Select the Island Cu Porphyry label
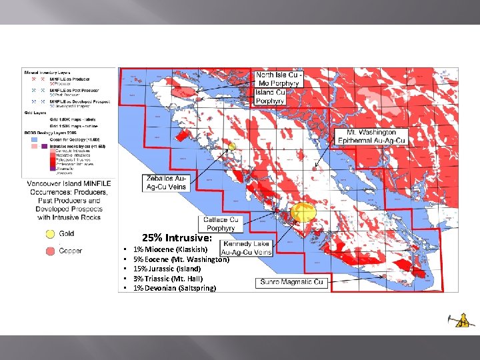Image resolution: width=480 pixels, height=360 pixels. [270, 97]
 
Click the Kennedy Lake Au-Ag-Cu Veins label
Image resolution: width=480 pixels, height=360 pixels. [246, 248]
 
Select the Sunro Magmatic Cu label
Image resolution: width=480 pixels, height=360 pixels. [292, 282]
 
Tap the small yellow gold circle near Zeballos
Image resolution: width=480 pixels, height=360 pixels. [232, 145]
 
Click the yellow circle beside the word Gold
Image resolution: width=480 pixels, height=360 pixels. [50, 234]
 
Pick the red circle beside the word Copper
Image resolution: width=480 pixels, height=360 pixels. [50, 250]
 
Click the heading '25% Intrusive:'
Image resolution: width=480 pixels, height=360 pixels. [177, 238]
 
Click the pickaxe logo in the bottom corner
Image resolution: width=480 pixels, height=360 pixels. [462, 321]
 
